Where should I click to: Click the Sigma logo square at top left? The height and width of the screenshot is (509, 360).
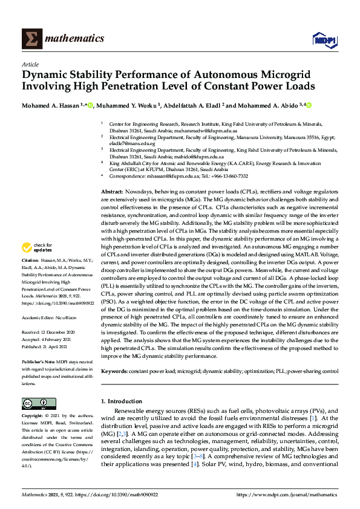pos(31,39)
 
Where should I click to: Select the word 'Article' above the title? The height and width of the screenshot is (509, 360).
pos(30,64)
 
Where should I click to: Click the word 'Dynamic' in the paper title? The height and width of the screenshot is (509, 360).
pos(48,75)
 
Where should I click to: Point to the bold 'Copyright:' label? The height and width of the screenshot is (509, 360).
pos(34,417)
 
